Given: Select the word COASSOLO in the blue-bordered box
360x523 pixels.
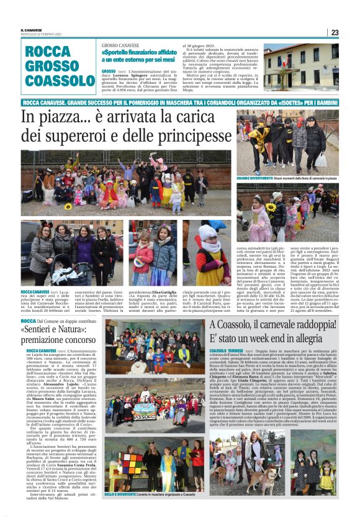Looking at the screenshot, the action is [x=56, y=81].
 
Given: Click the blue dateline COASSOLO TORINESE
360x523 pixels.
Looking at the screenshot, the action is [x=228, y=351].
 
